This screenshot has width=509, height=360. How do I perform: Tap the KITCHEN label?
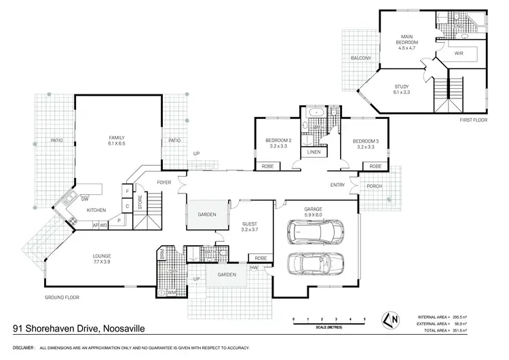tap(96, 210)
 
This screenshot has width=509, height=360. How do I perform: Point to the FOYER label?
tap(164, 182)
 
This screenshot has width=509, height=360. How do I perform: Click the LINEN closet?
tap(314, 152)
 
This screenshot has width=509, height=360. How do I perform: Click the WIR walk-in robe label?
tap(459, 52)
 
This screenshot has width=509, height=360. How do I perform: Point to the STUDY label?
tap(402, 87)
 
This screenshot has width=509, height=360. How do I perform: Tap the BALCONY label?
tap(361, 58)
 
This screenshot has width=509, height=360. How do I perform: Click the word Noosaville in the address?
tap(125, 329)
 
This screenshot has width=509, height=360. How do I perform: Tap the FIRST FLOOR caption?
tap(474, 120)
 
